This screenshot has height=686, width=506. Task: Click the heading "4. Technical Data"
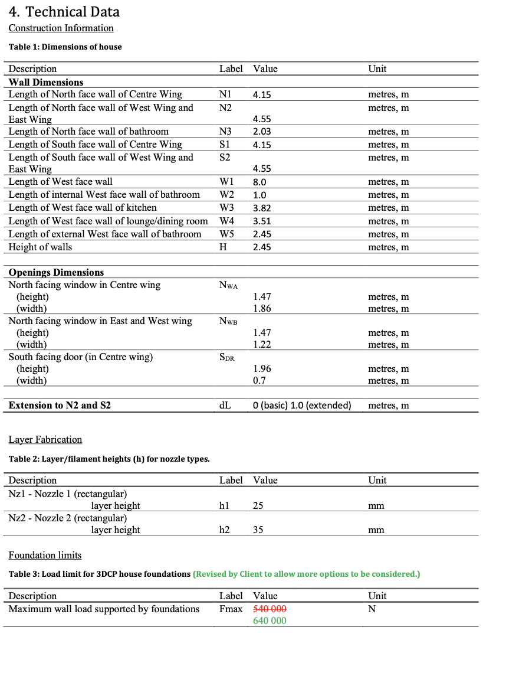click(64, 11)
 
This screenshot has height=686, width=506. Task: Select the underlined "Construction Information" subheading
click(61, 28)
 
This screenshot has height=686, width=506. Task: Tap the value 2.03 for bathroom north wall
click(262, 132)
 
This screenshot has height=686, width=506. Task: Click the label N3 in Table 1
click(225, 132)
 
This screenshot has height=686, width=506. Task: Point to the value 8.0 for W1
click(259, 182)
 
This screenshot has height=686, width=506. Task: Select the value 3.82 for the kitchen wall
click(262, 208)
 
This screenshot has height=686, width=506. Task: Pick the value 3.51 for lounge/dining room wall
click(262, 221)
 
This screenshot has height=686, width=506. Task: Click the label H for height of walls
click(223, 247)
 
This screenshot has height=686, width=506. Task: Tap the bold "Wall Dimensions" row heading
click(46, 83)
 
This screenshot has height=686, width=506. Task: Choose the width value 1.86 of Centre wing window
click(262, 309)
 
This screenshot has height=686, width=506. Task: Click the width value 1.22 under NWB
click(262, 345)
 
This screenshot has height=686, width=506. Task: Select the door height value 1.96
click(262, 369)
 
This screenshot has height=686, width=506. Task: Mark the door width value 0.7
click(259, 381)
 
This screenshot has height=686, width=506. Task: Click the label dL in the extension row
click(224, 406)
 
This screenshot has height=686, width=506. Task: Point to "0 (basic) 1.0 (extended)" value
click(301, 406)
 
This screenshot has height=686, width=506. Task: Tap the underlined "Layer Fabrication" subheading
click(45, 440)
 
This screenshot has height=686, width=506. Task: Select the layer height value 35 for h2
click(258, 530)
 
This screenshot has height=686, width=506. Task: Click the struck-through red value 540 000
click(270, 609)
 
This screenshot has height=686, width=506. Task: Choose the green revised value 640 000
click(270, 620)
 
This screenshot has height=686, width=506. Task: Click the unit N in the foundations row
click(372, 609)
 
